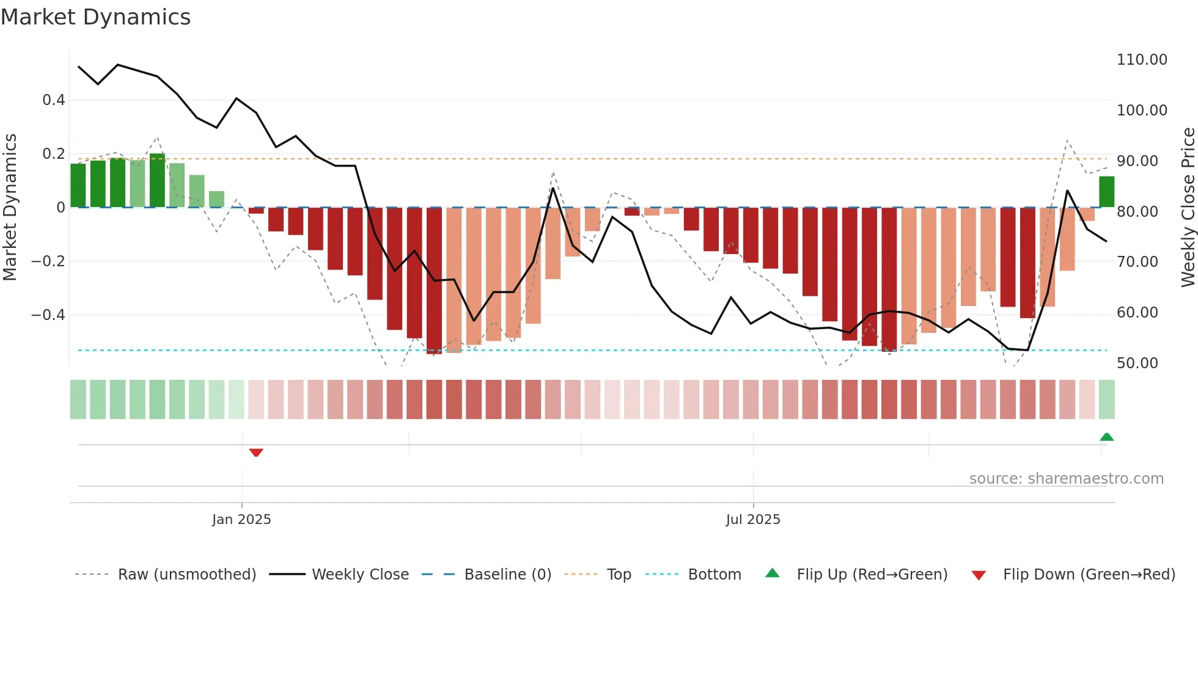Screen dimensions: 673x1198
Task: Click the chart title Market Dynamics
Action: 95,17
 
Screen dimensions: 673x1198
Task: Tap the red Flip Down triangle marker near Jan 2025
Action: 256,453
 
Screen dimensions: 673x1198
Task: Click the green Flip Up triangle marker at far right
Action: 1106,437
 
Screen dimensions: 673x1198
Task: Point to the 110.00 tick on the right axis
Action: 1141,60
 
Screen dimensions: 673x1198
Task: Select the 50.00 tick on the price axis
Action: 1137,363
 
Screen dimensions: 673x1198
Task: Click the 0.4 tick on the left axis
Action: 53,100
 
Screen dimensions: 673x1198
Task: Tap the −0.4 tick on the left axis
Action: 48,315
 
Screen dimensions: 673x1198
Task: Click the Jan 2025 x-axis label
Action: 241,520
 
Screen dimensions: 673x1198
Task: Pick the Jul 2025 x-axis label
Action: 753,520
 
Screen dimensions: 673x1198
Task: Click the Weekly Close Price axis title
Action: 1188,208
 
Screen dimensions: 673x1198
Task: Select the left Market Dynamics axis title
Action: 10,208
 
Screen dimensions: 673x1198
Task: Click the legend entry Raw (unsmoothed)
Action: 186,575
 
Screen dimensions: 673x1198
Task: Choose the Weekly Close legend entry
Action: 360,575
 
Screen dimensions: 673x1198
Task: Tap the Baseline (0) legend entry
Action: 507,575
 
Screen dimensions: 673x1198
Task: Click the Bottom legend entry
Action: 714,575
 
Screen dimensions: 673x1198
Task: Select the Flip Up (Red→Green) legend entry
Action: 872,575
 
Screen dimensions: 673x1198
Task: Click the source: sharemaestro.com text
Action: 1066,479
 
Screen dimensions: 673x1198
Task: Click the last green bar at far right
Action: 1106,192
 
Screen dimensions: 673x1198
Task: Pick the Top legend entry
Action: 619,575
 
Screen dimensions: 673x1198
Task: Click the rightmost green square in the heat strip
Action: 1106,399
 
